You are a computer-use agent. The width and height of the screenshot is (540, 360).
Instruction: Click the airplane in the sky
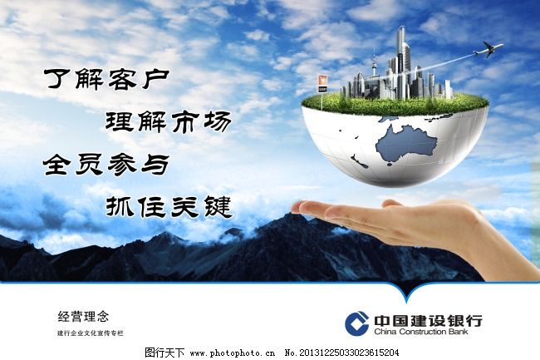[488, 51]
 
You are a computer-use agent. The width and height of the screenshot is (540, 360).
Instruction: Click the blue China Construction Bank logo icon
[356, 324]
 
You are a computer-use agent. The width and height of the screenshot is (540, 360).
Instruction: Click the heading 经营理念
[83, 316]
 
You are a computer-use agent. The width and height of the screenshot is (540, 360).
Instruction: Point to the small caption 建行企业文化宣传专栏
[90, 333]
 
